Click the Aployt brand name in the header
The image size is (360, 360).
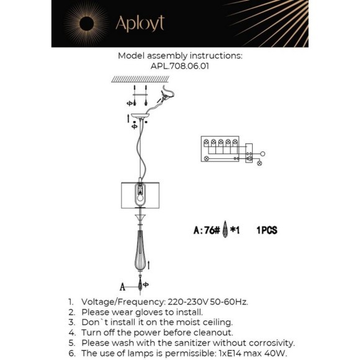(140, 24)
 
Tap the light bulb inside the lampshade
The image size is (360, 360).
(142, 196)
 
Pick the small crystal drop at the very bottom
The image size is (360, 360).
(142, 286)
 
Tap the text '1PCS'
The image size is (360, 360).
(266, 230)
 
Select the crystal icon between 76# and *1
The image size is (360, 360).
(225, 230)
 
